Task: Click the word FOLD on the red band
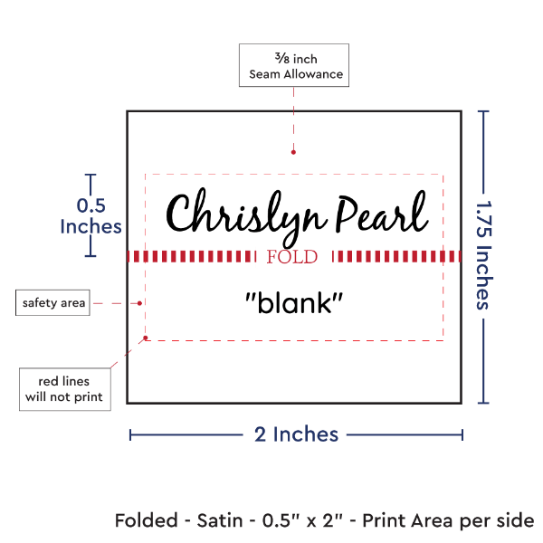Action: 293,257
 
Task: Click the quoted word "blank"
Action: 294,304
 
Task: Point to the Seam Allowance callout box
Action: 295,66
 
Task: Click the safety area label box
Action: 54,303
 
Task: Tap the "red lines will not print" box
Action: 64,389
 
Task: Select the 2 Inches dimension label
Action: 295,434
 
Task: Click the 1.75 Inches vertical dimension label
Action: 485,256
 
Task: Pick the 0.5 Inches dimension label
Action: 90,215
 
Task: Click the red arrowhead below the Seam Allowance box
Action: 294,155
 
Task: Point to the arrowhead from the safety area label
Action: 140,303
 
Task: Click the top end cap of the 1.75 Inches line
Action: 485,110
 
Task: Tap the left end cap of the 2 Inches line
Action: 130,434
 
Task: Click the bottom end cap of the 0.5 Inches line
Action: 90,256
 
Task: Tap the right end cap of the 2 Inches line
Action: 462,434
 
